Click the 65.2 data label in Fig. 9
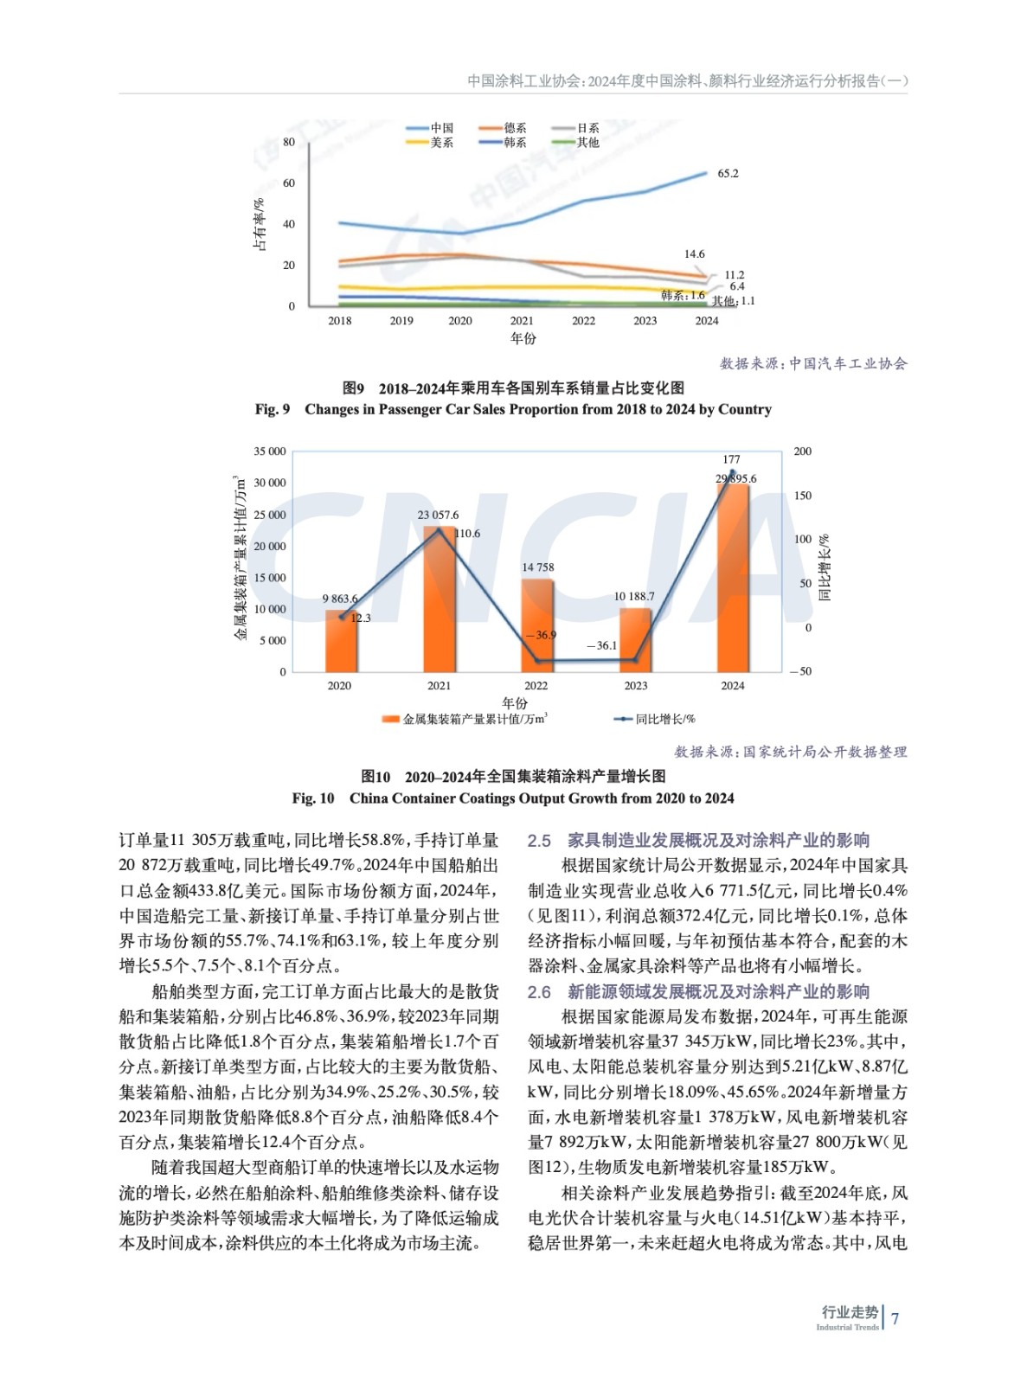click(x=728, y=174)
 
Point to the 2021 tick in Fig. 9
click(x=522, y=321)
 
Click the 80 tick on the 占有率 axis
click(x=289, y=142)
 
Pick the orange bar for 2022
click(x=536, y=625)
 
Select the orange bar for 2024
click(x=733, y=577)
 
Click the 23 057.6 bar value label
click(x=439, y=516)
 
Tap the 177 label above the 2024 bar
click(x=731, y=459)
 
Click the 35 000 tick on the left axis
click(x=270, y=452)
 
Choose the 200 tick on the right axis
click(x=802, y=452)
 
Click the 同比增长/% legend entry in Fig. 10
click(x=655, y=719)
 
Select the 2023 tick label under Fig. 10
click(x=635, y=686)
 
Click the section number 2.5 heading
click(x=539, y=841)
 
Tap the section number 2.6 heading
click(x=539, y=992)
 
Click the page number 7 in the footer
click(x=895, y=1319)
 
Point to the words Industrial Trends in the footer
click(x=847, y=1328)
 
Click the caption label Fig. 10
click(x=312, y=798)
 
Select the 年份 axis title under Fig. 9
click(x=523, y=339)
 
